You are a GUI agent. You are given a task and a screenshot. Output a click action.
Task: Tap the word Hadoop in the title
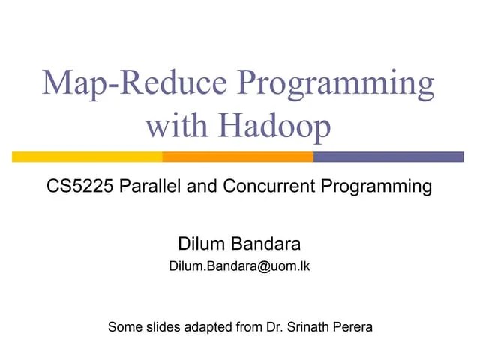click(x=273, y=126)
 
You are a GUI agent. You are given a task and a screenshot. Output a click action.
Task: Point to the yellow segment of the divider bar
click(x=87, y=157)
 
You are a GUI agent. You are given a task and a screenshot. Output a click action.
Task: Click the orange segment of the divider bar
click(x=237, y=157)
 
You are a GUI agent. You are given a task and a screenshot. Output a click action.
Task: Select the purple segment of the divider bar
click(x=388, y=157)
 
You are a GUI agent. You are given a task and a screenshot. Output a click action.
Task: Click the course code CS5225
click(x=77, y=186)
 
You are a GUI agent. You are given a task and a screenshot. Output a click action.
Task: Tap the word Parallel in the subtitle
click(x=154, y=186)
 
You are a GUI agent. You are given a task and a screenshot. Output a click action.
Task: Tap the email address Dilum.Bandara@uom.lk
click(x=239, y=266)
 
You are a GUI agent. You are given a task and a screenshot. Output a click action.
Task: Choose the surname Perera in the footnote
click(x=355, y=327)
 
